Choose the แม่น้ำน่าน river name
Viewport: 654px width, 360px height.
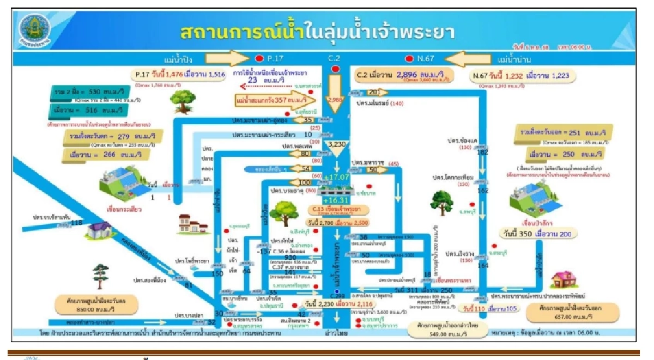pos(510,57)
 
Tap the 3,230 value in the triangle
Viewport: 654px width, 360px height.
pos(338,144)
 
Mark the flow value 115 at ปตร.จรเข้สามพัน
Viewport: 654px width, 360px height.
pos(76,222)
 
